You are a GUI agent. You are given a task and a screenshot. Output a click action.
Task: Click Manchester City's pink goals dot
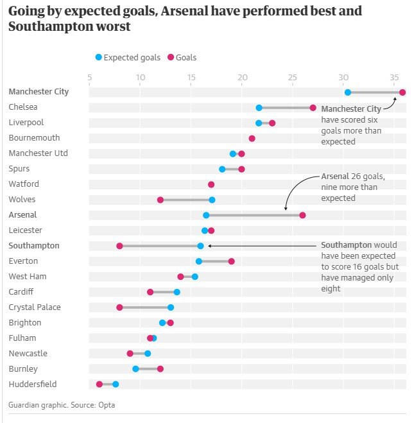point(402,92)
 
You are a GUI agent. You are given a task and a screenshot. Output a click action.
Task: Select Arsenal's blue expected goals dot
point(206,215)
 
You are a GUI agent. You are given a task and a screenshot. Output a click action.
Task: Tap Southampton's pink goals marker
point(119,246)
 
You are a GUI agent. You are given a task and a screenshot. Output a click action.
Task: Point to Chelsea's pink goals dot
point(313,108)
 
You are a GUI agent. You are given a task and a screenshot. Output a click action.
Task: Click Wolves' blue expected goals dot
point(212,200)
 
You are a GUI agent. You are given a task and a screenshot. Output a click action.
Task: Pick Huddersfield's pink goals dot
point(99,384)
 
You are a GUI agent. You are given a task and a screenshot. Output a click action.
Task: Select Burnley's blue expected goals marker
point(135,369)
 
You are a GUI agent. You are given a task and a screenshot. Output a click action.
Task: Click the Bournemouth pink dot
point(252,139)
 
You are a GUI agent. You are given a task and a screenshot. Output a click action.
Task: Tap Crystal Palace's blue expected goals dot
point(171,307)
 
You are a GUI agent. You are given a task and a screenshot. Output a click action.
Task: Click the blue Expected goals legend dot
point(99,57)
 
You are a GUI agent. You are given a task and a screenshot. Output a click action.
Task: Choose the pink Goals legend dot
point(171,57)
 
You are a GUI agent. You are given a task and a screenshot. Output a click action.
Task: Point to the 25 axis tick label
point(292,78)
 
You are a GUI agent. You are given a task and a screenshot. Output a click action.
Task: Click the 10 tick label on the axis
point(141,78)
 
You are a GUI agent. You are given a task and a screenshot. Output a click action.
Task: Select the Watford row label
point(24,184)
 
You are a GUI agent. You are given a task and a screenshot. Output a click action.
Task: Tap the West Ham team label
point(28,276)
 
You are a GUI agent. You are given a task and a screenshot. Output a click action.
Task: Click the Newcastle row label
point(28,354)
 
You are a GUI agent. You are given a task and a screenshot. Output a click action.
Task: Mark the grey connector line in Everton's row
point(215,261)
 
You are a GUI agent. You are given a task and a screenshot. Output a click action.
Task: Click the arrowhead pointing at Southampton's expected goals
point(209,246)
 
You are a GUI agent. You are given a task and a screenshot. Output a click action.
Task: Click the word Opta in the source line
point(107,405)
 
